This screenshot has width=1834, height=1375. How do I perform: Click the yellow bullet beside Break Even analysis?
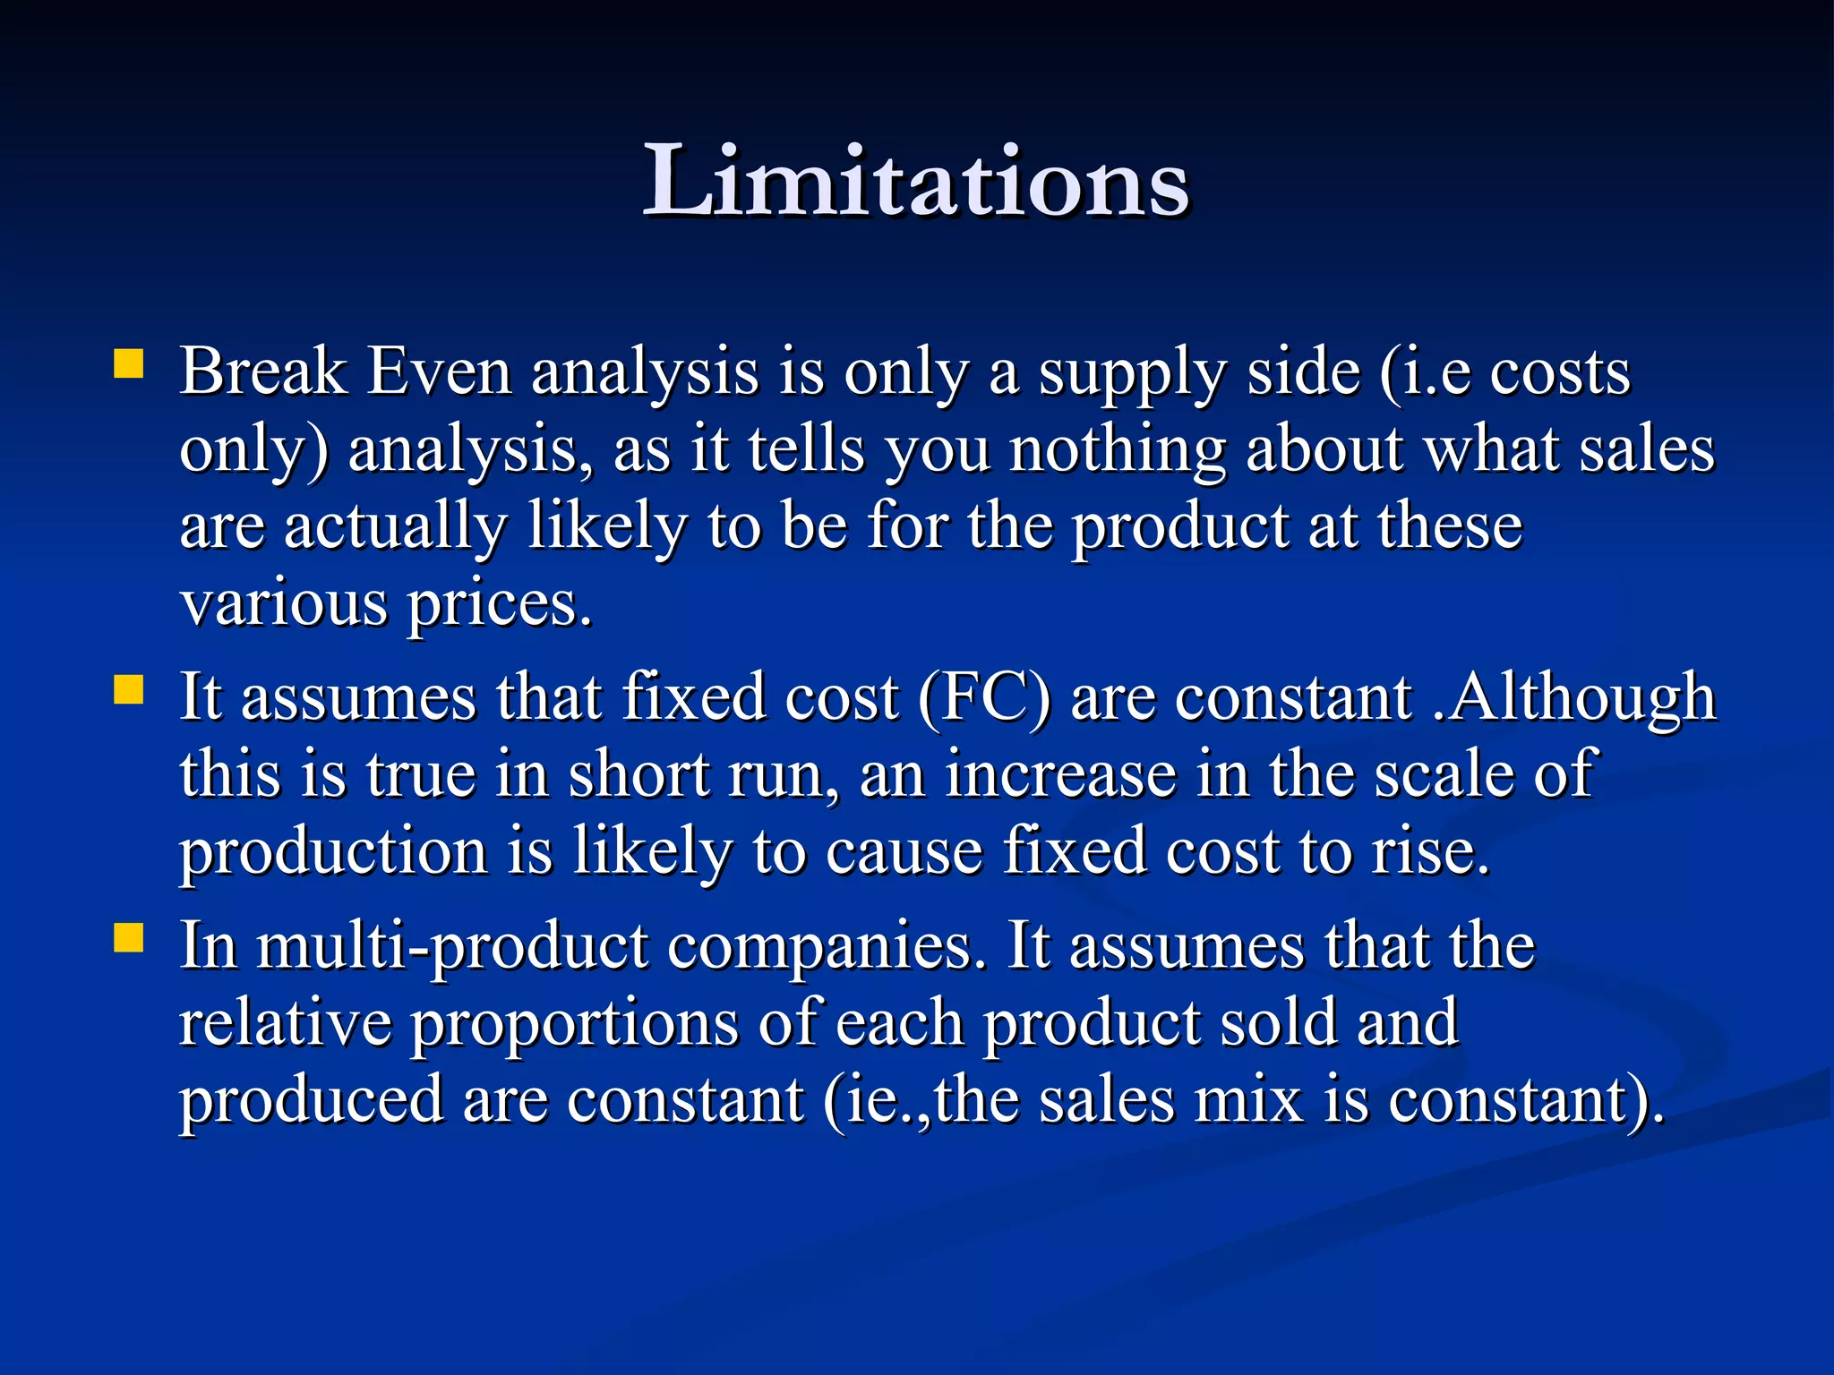[x=129, y=365]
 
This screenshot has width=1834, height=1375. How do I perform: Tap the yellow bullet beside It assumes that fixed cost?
[x=129, y=690]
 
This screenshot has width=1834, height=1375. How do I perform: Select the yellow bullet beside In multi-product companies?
[x=129, y=939]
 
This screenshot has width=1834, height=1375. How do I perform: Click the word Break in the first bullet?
[x=262, y=371]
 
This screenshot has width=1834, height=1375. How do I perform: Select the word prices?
[x=500, y=606]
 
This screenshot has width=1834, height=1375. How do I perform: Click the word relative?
[x=285, y=1022]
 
